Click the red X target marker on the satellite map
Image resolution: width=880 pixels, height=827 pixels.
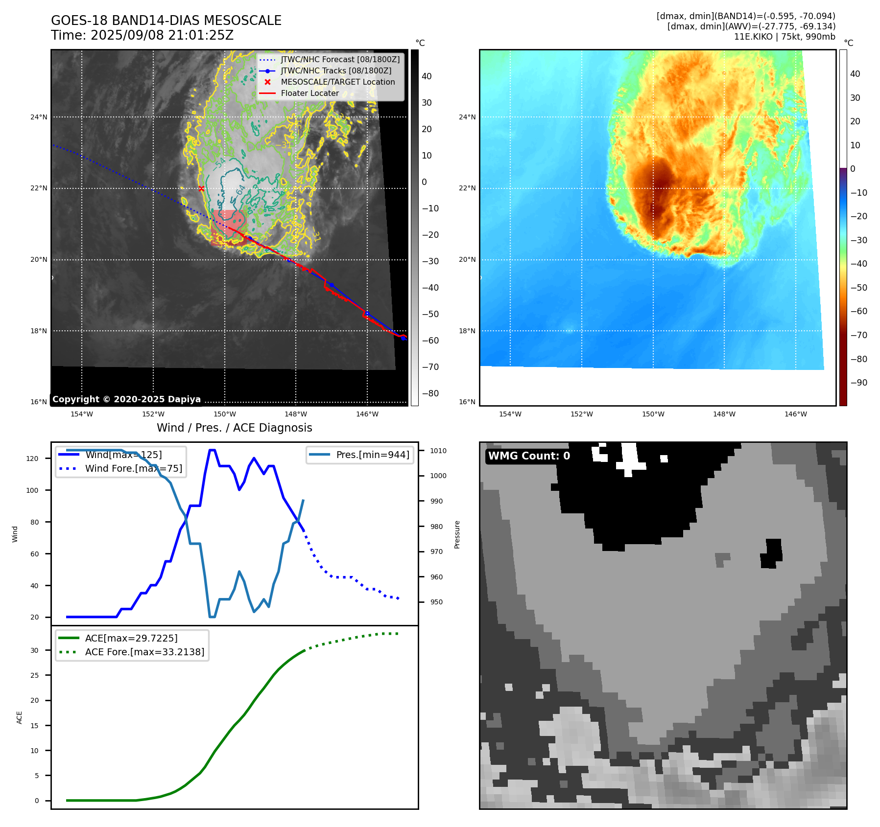click(201, 188)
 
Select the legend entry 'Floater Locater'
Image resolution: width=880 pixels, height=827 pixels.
click(309, 93)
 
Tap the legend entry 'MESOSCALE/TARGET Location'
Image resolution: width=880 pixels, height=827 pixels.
click(337, 82)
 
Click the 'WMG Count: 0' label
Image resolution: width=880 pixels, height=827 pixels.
click(529, 456)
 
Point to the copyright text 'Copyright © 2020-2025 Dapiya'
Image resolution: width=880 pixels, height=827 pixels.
click(126, 399)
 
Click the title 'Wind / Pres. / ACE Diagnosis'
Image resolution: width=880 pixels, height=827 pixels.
click(234, 428)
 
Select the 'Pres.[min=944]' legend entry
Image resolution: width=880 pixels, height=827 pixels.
click(372, 455)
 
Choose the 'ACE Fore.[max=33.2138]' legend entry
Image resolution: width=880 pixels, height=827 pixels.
click(144, 652)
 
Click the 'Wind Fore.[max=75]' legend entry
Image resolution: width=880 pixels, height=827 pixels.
click(133, 468)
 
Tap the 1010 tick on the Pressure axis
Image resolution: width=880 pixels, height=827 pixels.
click(438, 451)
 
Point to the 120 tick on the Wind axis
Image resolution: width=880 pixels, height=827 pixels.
click(32, 459)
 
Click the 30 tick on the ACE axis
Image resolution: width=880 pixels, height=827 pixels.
click(34, 650)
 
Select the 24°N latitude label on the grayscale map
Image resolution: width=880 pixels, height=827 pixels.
click(39, 117)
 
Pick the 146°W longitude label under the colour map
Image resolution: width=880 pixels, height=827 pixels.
click(795, 414)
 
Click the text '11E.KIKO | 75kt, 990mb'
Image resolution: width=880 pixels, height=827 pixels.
click(785, 37)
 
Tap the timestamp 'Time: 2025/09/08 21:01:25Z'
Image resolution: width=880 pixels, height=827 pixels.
click(142, 35)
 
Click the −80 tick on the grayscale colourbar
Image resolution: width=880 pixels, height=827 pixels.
click(430, 393)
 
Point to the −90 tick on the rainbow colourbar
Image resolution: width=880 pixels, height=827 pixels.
click(858, 383)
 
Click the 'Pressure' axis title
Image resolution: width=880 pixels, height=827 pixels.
click(457, 534)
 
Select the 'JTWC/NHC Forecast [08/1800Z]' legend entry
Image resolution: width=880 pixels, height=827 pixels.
click(340, 60)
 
